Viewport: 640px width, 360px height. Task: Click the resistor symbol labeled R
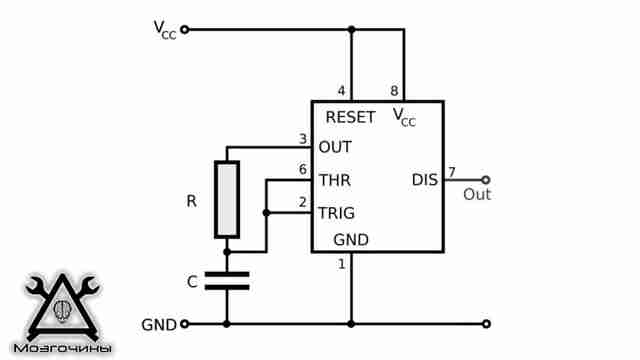point(227,200)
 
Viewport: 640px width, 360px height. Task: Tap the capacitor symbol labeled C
point(227,281)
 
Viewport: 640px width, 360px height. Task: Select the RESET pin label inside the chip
point(350,118)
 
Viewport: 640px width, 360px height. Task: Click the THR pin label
point(335,180)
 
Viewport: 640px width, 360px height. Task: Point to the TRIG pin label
point(337,213)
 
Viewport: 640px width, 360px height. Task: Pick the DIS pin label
point(425,180)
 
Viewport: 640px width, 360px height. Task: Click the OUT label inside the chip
point(335,147)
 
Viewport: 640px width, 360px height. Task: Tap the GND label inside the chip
point(351,240)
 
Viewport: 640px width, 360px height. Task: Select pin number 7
point(451,172)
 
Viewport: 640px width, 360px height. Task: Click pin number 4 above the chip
point(341,91)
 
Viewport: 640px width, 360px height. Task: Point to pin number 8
point(394,91)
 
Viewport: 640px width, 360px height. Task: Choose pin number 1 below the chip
point(342,264)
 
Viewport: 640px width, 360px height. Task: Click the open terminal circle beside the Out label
point(486,180)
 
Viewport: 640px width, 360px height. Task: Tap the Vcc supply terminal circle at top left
point(184,29)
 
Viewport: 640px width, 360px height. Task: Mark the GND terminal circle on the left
point(184,324)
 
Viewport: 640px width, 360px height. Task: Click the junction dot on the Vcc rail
point(351,29)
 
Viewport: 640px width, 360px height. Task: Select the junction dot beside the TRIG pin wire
point(266,213)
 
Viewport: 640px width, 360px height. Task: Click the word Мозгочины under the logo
point(62,348)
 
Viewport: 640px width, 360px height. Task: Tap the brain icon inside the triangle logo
point(62,310)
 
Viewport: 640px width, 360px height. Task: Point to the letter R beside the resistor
point(191,201)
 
